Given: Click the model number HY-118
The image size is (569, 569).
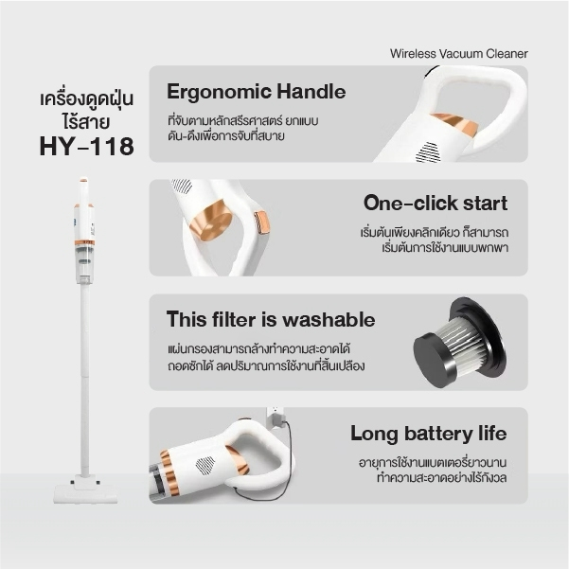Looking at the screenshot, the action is [x=87, y=147].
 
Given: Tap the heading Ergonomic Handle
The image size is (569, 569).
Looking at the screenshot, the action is [x=257, y=92].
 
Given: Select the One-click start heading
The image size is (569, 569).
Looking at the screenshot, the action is [x=436, y=203].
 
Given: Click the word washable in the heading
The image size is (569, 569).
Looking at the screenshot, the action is [x=329, y=320].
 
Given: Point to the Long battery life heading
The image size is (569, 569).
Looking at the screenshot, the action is [x=429, y=434].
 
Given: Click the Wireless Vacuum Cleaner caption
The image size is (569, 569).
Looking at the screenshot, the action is [x=458, y=54].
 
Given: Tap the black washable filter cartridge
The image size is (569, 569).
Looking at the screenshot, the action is [x=459, y=342].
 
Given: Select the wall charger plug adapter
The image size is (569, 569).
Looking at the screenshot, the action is [x=276, y=418].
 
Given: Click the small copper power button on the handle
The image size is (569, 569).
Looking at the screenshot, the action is [x=261, y=222].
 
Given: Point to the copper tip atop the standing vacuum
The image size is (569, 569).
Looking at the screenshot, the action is [x=83, y=180].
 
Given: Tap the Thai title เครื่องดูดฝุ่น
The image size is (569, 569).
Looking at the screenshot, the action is [x=87, y=99].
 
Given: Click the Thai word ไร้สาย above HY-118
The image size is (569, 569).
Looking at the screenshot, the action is [x=85, y=121].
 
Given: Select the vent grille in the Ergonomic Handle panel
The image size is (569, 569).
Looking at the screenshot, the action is [x=428, y=152].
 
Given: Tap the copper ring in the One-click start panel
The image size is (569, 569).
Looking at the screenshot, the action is [x=211, y=221].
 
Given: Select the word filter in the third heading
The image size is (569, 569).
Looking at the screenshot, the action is [x=234, y=320].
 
